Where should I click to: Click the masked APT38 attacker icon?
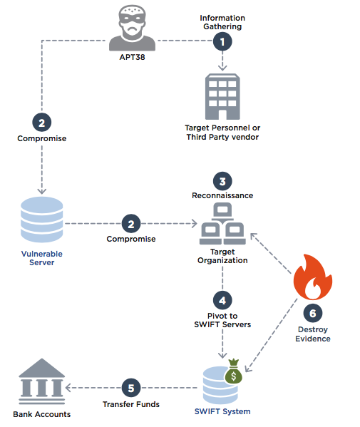coord(132,28)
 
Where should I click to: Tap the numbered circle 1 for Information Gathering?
coord(222,41)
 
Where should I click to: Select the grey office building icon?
coord(222,96)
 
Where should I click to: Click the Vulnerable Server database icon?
coord(41,220)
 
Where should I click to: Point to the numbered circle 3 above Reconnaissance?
coord(222,181)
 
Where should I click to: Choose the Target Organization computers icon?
coord(222,224)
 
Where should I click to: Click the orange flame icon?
coord(313,277)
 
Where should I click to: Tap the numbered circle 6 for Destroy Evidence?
coord(313,313)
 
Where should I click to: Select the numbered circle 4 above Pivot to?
coord(222,300)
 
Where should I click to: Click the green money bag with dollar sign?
coord(233,371)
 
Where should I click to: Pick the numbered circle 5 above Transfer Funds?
coord(131,388)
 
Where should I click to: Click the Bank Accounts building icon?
coord(41,381)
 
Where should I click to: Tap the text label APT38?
coord(132,57)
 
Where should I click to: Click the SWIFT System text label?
coord(222,411)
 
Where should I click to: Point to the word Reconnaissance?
coord(222,195)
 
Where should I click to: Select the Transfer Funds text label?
coord(131,404)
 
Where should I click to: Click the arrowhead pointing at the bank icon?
coord(68,388)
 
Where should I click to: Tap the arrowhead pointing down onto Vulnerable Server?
coord(41,191)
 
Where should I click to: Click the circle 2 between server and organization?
coord(131,224)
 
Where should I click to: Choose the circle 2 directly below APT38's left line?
coord(41,123)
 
